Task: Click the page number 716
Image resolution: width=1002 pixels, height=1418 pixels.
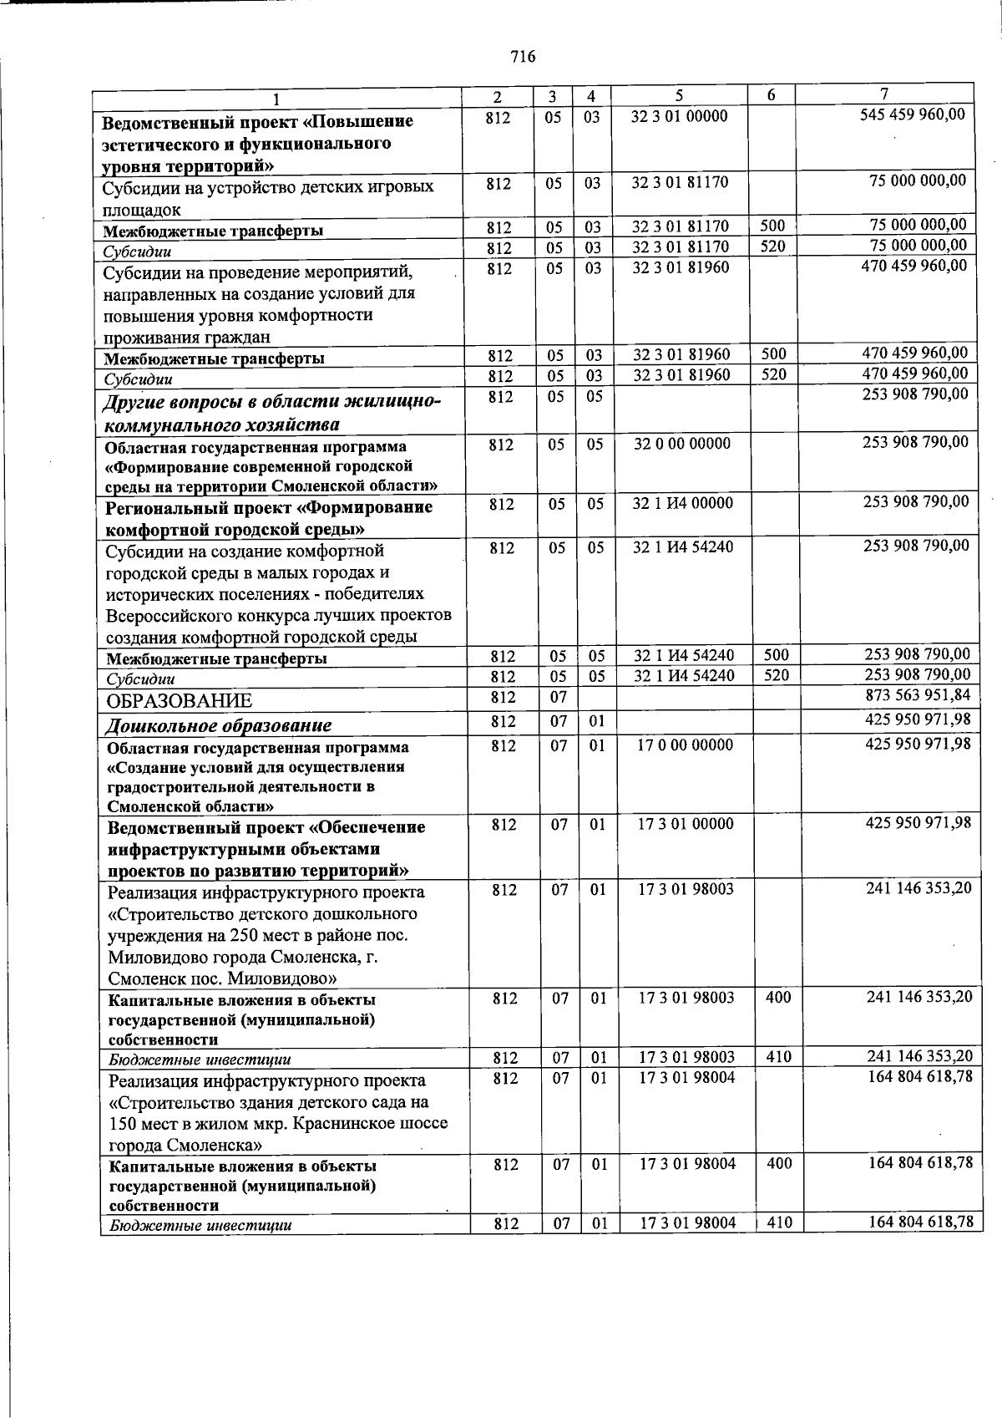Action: [x=523, y=57]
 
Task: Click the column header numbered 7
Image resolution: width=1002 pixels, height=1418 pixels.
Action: [x=883, y=94]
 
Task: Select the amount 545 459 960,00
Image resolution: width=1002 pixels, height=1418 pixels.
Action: [x=913, y=114]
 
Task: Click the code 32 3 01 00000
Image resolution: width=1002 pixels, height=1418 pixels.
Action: [x=679, y=116]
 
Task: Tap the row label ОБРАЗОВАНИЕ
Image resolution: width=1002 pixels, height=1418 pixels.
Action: [x=179, y=700]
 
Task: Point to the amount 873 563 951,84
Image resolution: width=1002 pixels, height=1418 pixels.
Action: [x=918, y=694]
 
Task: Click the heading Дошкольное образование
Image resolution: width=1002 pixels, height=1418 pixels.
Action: [x=217, y=724]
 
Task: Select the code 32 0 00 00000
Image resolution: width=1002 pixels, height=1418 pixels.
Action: [x=681, y=444]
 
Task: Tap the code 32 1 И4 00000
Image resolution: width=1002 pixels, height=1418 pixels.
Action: [x=682, y=503]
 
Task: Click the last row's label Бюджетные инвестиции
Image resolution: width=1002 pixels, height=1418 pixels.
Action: [x=200, y=1226]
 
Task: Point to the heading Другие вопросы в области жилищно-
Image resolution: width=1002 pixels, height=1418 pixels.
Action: [x=271, y=403]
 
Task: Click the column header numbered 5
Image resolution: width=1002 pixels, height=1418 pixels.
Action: [x=679, y=94]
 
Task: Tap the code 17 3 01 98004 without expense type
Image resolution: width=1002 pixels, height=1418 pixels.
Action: [x=686, y=1078]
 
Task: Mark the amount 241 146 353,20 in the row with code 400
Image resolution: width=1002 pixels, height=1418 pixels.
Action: [x=918, y=997]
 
